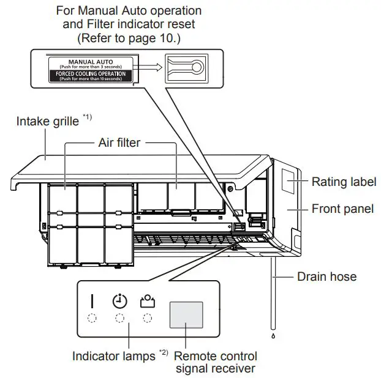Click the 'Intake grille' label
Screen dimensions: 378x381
[47, 121]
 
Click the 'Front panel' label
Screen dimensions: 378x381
[342, 209]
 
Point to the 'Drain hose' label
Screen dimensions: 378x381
[326, 276]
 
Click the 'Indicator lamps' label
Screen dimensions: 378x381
[113, 355]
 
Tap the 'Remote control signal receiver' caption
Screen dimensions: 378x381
[216, 361]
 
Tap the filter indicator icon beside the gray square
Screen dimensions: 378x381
[147, 301]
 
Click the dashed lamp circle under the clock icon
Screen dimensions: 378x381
[119, 318]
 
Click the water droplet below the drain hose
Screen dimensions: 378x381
[273, 336]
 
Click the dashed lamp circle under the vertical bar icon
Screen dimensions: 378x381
[92, 318]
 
